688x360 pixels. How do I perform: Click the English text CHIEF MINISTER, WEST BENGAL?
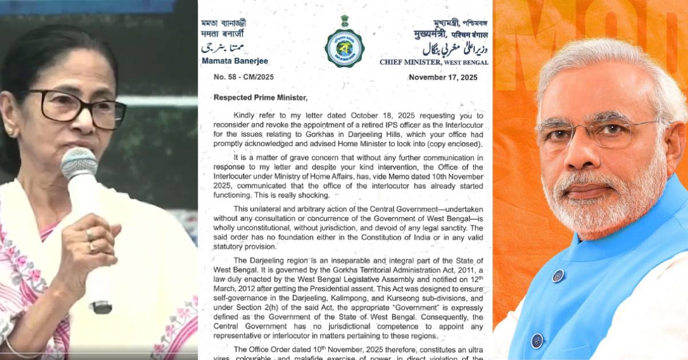tap(434, 62)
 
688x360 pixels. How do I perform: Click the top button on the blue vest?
tap(558, 276)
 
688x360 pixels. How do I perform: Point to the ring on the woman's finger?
tap(91, 248)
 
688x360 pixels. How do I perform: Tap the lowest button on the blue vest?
tap(537, 341)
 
